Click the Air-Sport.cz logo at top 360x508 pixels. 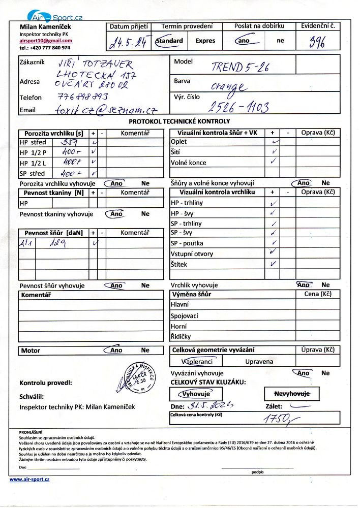[x=55, y=16]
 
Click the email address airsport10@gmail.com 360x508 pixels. [x=46, y=40]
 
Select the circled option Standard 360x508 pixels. [x=169, y=41]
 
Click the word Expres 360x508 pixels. [x=205, y=41]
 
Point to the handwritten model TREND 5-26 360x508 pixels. [x=240, y=67]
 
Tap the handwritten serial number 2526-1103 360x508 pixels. [x=238, y=106]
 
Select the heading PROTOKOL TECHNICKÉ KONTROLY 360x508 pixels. [x=179, y=121]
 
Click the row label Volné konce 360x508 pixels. [x=189, y=163]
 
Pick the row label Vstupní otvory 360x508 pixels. [x=192, y=253]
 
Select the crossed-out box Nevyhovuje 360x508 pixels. [x=288, y=394]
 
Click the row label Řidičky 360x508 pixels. [x=181, y=336]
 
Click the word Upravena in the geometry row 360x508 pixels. [x=259, y=362]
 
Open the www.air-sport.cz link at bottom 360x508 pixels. [x=29, y=479]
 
